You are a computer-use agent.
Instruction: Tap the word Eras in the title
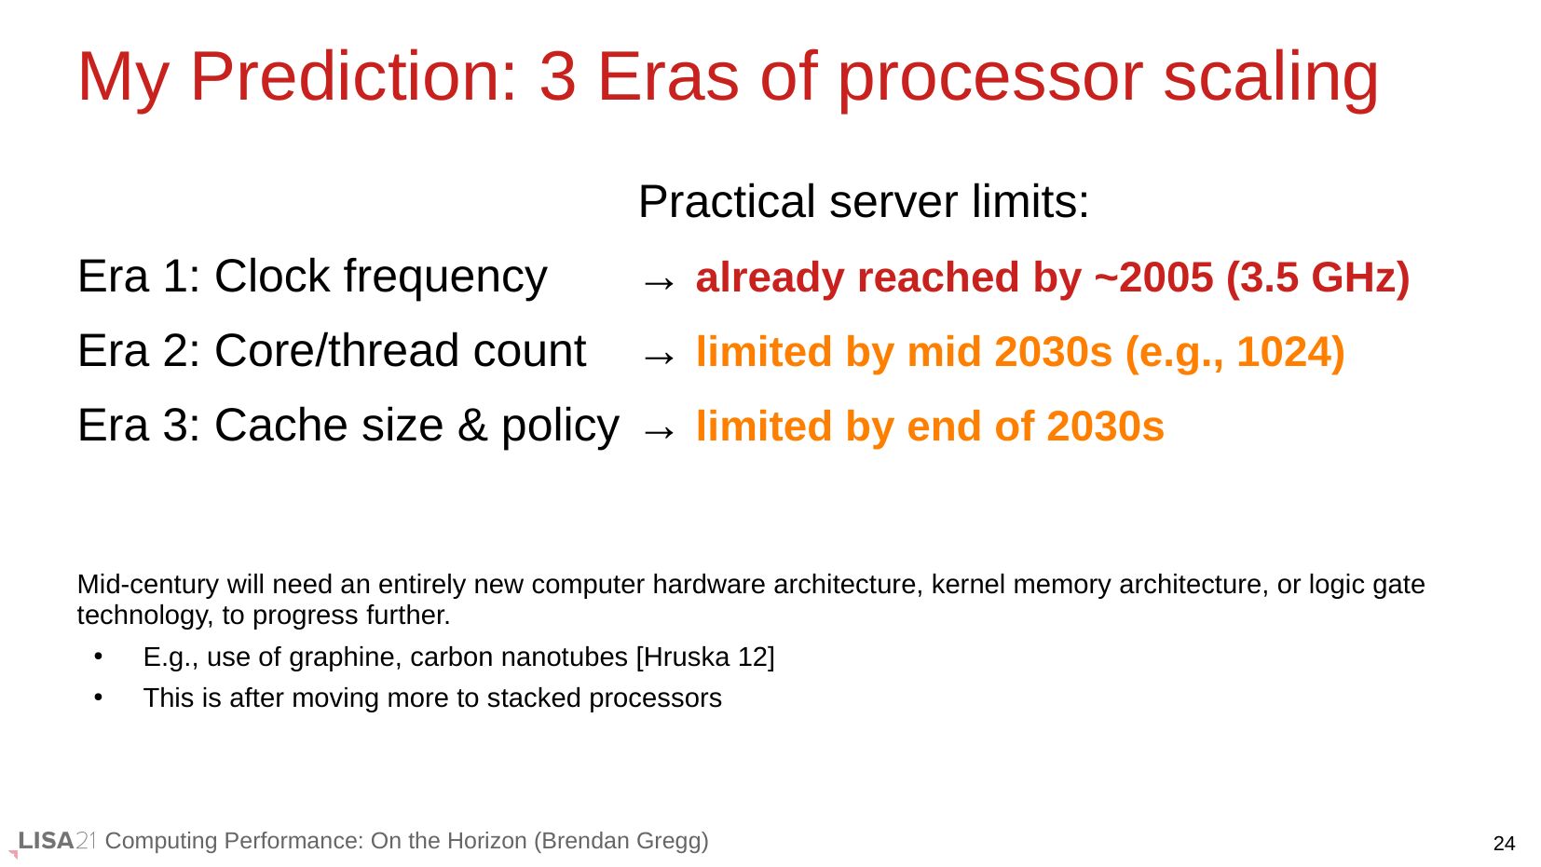pos(668,76)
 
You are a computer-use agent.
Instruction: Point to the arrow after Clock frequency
pos(659,282)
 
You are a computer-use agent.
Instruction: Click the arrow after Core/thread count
pos(659,357)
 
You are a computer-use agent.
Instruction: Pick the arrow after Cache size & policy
pos(659,432)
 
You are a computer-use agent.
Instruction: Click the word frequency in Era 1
pos(445,278)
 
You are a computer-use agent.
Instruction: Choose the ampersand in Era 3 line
pos(472,425)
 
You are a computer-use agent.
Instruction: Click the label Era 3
pos(138,425)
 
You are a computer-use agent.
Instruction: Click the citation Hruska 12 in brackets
pos(705,657)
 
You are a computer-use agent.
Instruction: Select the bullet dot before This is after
pos(99,698)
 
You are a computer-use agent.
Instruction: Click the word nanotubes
pos(564,657)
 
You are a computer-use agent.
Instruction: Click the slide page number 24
pos(1504,844)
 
